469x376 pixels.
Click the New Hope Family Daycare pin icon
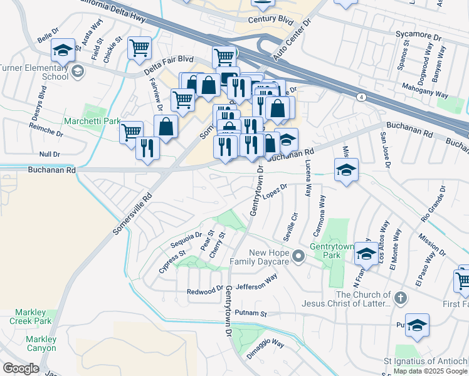(x=298, y=256)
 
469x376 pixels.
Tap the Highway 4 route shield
(x=362, y=97)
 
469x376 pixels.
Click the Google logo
(x=21, y=368)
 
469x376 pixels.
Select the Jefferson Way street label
(x=257, y=281)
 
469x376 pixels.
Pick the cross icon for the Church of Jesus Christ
(x=401, y=295)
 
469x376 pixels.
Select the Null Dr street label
(x=49, y=154)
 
